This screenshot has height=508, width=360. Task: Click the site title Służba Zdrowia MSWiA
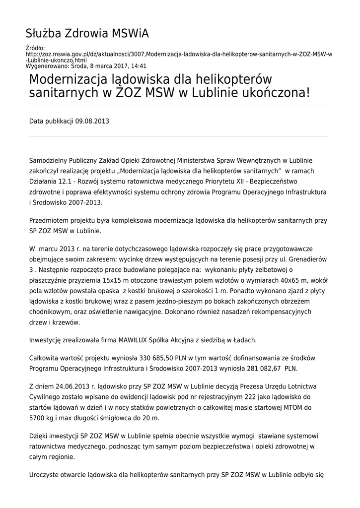(x=87, y=34)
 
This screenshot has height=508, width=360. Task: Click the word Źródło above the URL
(x=34, y=48)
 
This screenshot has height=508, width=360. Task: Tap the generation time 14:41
(x=140, y=65)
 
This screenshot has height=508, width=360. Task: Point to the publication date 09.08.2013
(x=92, y=121)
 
